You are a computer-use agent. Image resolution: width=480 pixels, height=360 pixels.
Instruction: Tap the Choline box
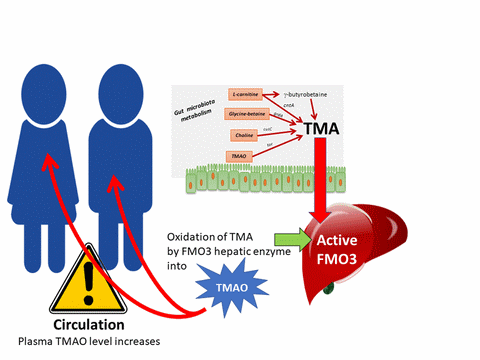click(244, 135)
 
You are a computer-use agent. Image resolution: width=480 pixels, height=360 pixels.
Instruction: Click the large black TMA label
click(321, 129)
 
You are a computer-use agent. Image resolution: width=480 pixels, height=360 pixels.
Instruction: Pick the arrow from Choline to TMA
click(282, 134)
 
